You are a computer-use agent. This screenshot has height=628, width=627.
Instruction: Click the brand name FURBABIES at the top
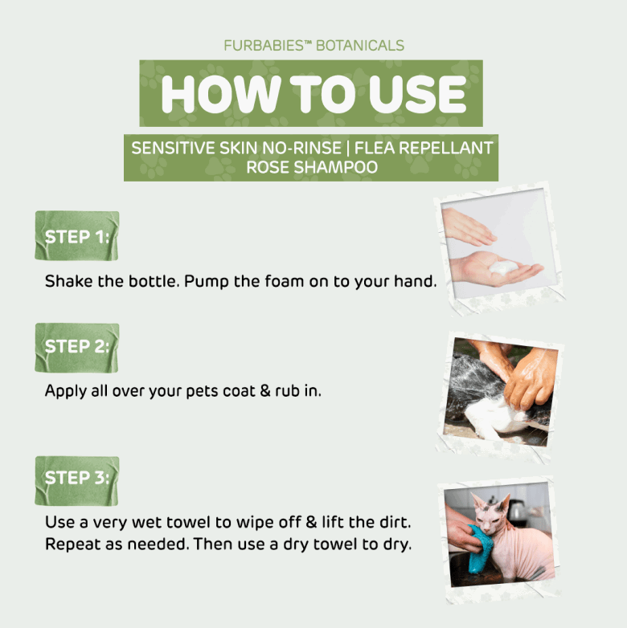tap(264, 46)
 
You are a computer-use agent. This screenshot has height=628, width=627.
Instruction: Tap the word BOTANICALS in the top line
tap(360, 46)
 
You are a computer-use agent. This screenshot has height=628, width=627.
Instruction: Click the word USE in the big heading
tap(418, 94)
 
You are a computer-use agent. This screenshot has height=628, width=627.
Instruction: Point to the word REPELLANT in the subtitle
tap(446, 148)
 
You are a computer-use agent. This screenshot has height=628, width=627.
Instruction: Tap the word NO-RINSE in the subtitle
tap(301, 148)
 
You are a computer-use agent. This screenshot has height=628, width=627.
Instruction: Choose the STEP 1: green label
tap(77, 236)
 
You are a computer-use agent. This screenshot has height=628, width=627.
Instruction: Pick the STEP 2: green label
tap(77, 348)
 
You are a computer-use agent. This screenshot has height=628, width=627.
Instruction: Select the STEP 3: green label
tap(77, 480)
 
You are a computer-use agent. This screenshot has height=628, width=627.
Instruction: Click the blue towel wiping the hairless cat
tap(480, 549)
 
